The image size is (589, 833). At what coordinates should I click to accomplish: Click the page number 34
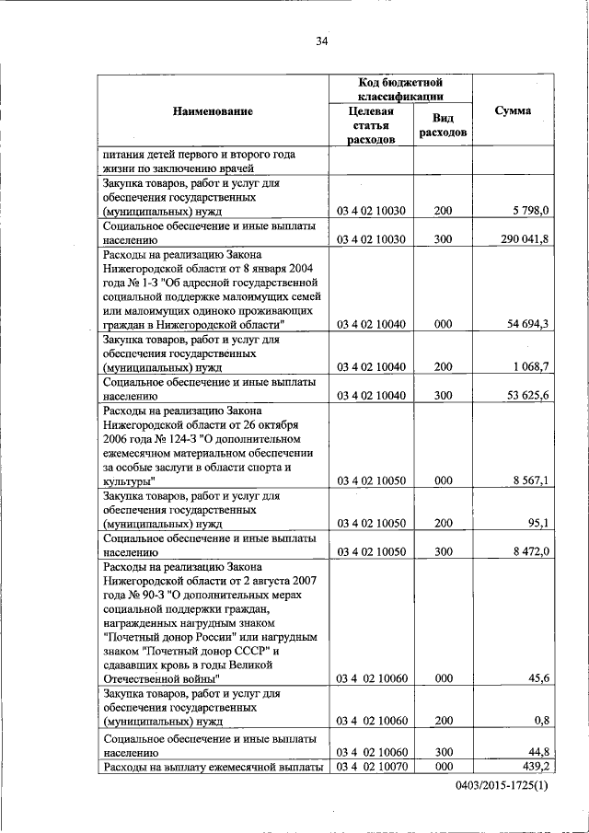tap(321, 40)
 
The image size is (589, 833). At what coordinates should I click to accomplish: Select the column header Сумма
tap(513, 110)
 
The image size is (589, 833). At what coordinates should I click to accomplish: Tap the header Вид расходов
tap(443, 125)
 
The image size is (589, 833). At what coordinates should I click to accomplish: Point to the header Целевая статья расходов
tap(372, 125)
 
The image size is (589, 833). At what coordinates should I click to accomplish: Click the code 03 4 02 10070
tap(372, 766)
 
